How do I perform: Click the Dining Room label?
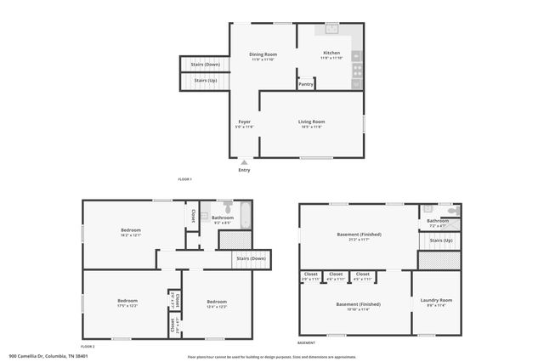[x=264, y=54]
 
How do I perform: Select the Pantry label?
[x=305, y=84]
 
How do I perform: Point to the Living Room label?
[x=311, y=122]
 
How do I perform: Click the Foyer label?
[x=244, y=122]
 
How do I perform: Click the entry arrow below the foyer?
[x=244, y=161]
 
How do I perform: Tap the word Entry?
[x=244, y=170]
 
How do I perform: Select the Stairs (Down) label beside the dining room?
[x=205, y=64]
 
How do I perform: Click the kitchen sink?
[x=331, y=28]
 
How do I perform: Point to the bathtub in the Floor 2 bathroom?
[x=245, y=215]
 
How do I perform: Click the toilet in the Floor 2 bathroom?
[x=227, y=206]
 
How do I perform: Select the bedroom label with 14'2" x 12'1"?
[x=130, y=230]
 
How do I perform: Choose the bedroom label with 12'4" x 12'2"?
[x=217, y=302]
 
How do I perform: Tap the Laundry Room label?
[x=435, y=300]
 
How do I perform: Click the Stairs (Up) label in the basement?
[x=441, y=240]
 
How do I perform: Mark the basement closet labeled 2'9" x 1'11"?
[x=310, y=274]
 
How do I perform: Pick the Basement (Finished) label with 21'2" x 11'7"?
[x=359, y=235]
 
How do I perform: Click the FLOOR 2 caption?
[x=88, y=347]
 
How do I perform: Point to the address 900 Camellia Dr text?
[x=48, y=356]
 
